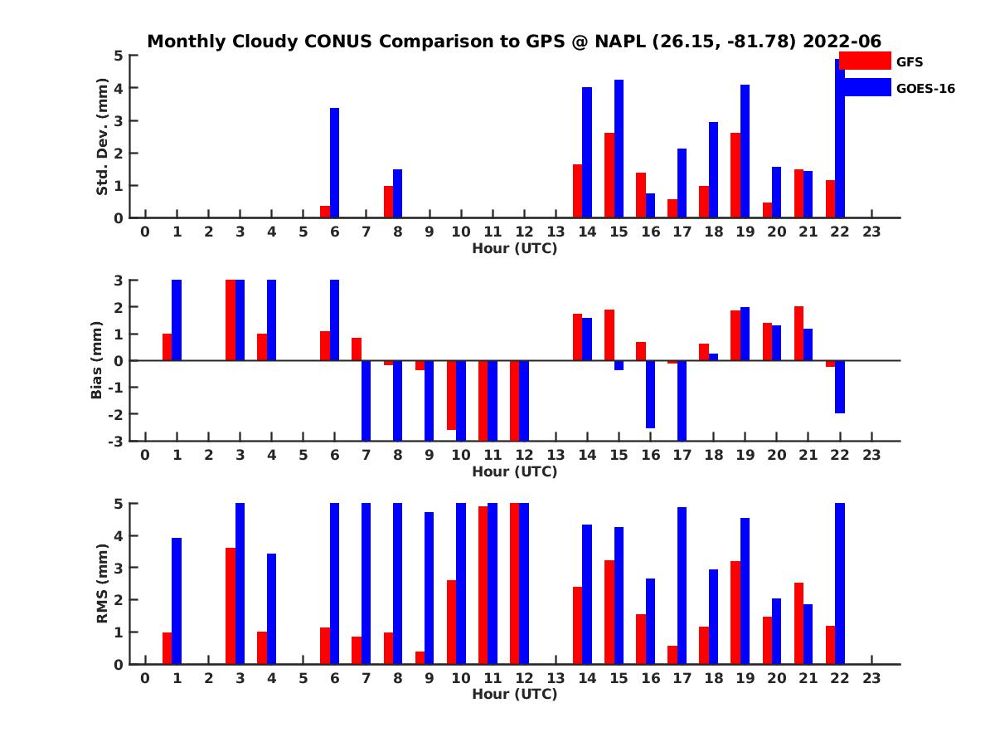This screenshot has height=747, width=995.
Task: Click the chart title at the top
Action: coord(514,41)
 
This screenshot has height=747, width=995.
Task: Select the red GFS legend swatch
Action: coord(865,61)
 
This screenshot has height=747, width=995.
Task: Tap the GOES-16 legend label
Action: coord(925,89)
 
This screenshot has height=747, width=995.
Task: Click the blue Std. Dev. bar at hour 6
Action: coord(334,163)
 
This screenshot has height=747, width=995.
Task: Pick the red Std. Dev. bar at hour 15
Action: coord(609,175)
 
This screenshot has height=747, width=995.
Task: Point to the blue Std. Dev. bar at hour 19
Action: coord(745,151)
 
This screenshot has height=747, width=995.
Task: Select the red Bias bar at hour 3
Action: coord(231,320)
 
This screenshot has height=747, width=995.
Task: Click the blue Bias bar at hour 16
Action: coord(650,394)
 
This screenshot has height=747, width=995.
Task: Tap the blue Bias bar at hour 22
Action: coord(840,387)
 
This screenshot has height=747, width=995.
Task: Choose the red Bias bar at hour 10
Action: coord(451,395)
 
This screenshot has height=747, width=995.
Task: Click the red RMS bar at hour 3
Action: coord(231,606)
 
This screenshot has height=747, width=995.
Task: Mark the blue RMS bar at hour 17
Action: coord(682,586)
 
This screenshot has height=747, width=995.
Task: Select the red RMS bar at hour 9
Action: coord(420,657)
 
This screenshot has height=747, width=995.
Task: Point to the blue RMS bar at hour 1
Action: coord(177,601)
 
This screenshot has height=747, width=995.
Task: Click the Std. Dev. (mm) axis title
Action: coord(102,137)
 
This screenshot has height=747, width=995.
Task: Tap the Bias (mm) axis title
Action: coord(96,360)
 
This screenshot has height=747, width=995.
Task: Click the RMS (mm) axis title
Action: coord(102,583)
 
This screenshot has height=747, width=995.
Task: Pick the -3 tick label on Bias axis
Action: coord(117,441)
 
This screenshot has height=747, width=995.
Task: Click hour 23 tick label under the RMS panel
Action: coord(871,678)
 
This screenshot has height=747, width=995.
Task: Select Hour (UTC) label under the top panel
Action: coord(514,247)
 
